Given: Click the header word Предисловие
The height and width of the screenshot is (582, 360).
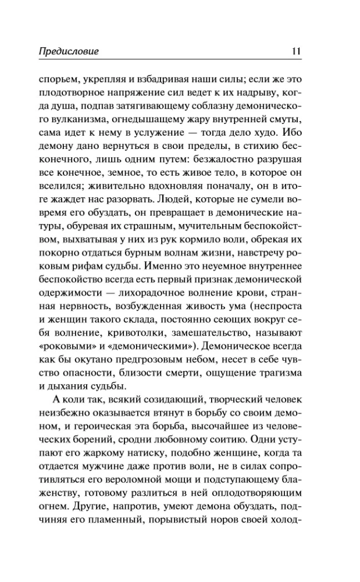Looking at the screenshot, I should [69, 52].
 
